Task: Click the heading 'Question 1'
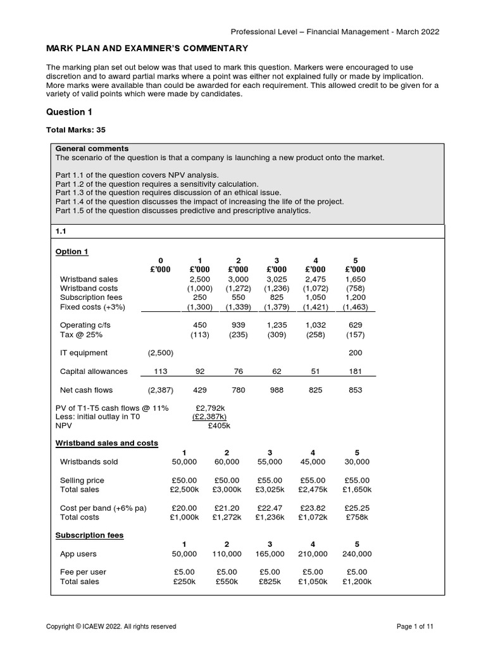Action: click(70, 112)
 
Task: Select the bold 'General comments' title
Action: click(92, 149)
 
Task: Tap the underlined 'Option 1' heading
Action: click(72, 251)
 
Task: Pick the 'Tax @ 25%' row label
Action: click(80, 334)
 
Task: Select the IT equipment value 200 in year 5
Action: click(356, 352)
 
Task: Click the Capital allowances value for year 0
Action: click(160, 371)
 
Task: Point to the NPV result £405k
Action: click(219, 427)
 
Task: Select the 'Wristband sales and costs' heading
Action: click(106, 443)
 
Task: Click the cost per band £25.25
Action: click(357, 508)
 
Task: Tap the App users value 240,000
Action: click(357, 554)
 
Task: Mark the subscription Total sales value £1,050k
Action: click(313, 582)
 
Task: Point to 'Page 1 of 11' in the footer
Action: click(415, 626)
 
